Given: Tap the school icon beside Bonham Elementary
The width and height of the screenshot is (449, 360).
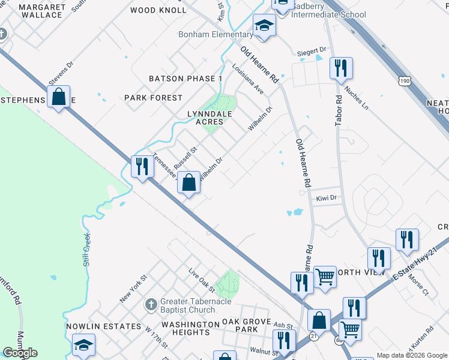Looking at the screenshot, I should (x=263, y=26).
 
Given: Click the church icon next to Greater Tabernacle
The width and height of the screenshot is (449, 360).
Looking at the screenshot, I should (x=151, y=305).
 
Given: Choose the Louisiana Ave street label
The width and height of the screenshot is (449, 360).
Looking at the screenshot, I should (x=248, y=79).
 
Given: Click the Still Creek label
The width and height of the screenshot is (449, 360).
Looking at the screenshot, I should (x=88, y=248).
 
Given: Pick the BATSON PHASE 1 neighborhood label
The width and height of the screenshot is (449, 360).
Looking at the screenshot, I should (x=185, y=79).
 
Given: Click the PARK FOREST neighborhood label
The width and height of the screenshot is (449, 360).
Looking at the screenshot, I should (x=153, y=98).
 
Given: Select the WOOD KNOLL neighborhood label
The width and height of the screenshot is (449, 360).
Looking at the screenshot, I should (x=158, y=10).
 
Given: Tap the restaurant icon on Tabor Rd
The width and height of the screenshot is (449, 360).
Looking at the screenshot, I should (x=340, y=69).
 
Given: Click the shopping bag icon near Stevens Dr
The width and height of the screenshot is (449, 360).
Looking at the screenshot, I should (x=59, y=97).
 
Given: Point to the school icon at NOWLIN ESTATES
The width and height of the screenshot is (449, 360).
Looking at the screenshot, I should (x=83, y=346).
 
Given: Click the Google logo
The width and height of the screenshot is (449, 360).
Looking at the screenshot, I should (x=20, y=353).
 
